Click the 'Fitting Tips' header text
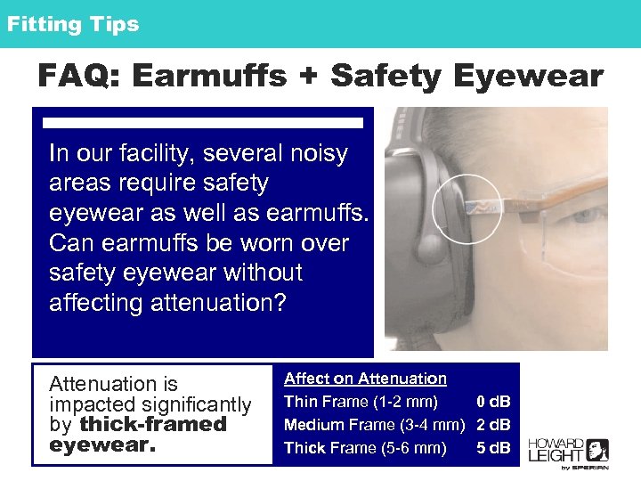(73, 24)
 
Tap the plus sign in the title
(309, 77)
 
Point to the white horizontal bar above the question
(204, 122)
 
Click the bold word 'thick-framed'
(153, 424)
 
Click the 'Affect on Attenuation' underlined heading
(365, 379)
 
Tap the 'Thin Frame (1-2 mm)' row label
(361, 402)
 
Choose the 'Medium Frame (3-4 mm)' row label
(375, 425)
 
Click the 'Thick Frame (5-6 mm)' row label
(365, 448)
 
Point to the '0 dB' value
(493, 402)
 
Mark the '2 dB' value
(493, 425)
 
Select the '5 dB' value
(493, 448)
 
